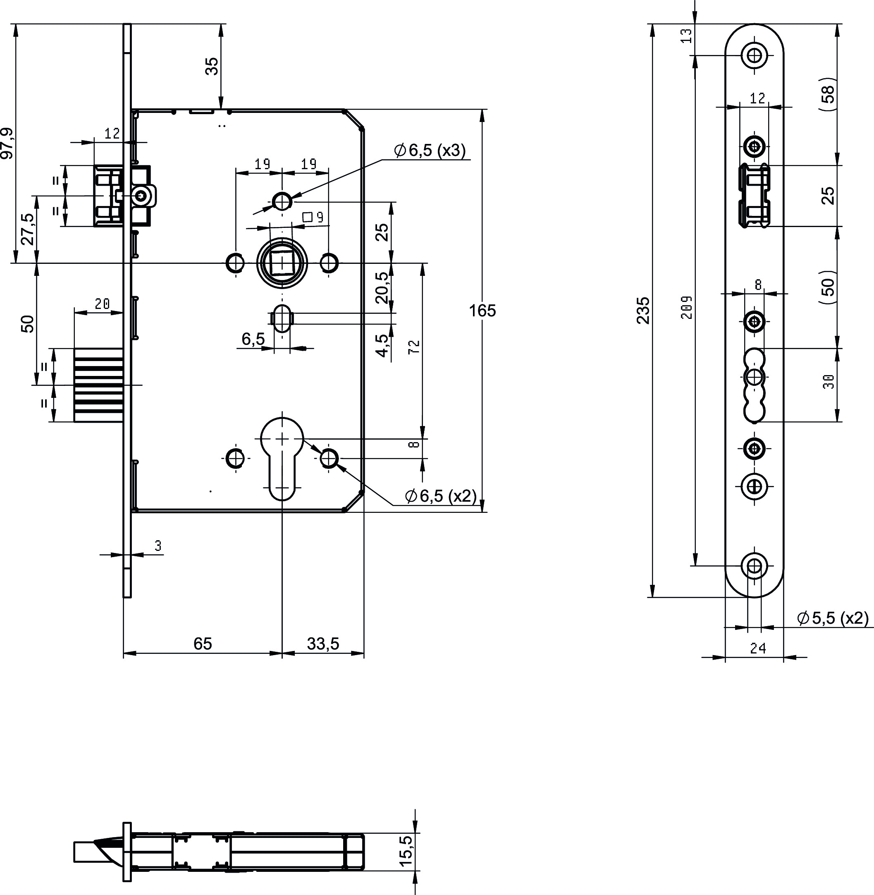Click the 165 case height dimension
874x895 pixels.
(482, 311)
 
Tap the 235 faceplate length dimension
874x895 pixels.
(644, 311)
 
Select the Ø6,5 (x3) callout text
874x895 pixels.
(430, 150)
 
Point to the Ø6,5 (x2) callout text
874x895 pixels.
(441, 496)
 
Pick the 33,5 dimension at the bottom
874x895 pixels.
(323, 644)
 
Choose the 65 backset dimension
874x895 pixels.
(203, 644)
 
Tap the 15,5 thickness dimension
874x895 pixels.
(407, 850)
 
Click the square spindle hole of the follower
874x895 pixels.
(282, 263)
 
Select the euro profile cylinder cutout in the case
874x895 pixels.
(282, 459)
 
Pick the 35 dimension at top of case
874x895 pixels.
(212, 67)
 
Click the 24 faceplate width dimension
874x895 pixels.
(758, 649)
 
